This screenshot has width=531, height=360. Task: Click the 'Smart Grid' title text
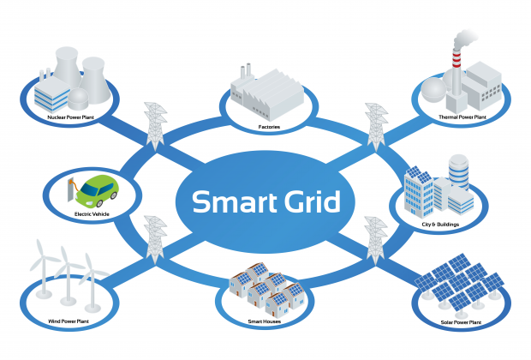pos(266,203)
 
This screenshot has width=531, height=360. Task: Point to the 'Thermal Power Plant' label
pos(462,117)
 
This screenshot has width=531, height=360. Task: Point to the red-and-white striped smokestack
pos(456,65)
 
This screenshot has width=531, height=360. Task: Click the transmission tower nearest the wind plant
pos(155,240)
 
